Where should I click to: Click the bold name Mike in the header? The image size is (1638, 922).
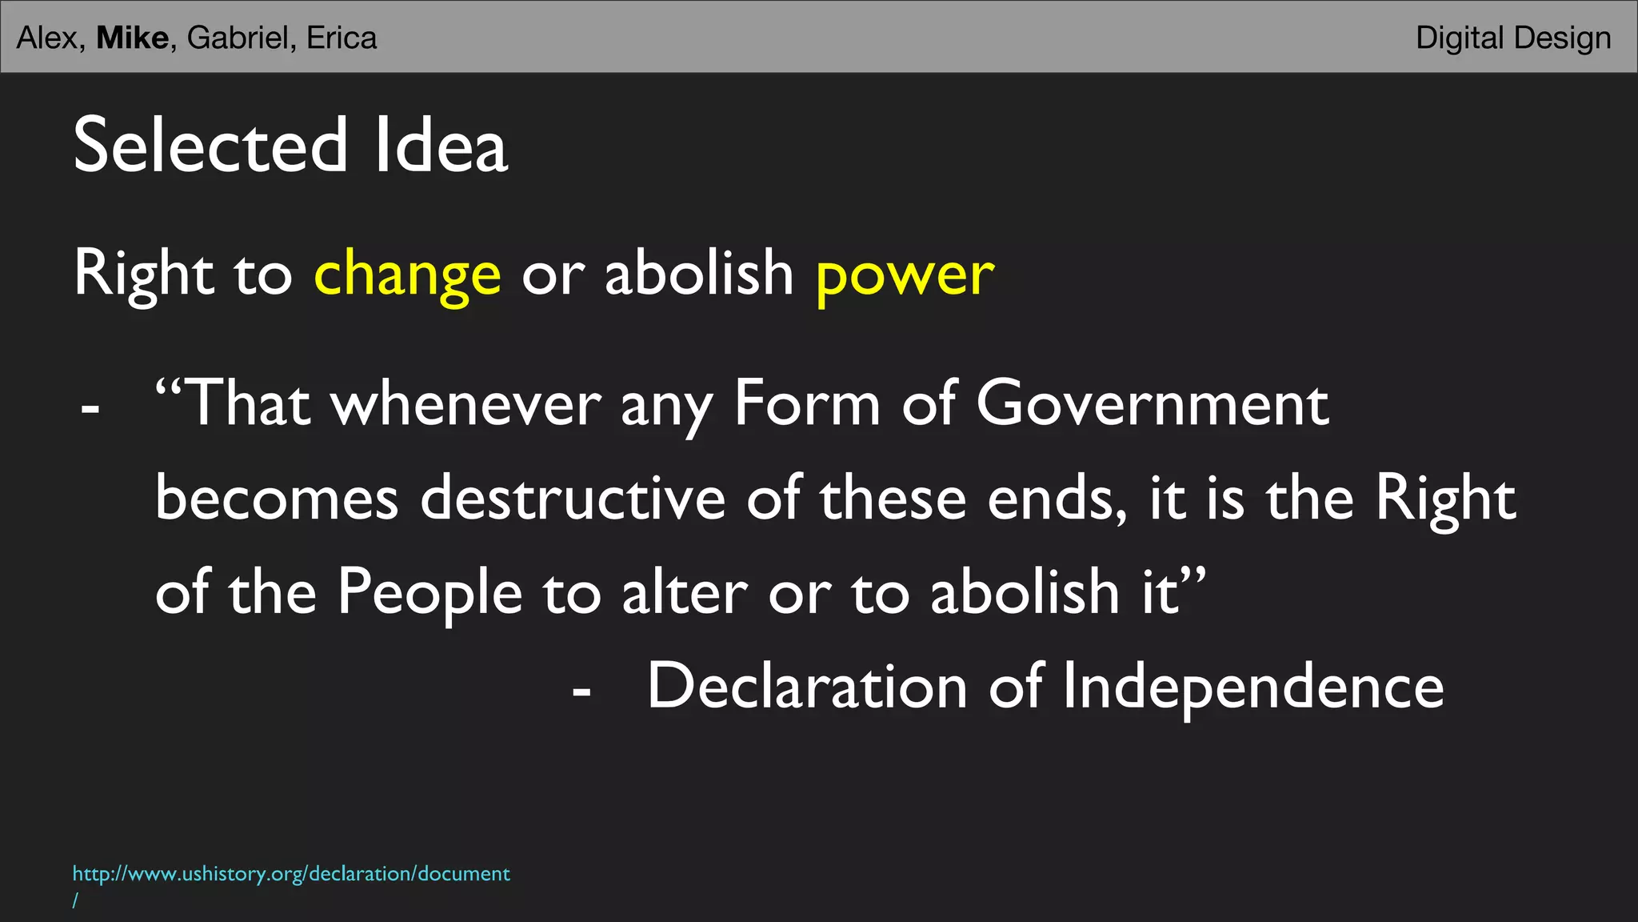[x=132, y=38]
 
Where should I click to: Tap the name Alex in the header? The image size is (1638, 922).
[x=47, y=38]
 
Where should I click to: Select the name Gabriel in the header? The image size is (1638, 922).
[x=237, y=38]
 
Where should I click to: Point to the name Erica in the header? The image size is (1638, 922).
[x=342, y=38]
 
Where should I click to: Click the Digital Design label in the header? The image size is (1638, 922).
[x=1512, y=38]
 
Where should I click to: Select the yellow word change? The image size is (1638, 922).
[x=407, y=275]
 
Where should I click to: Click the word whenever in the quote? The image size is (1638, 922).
[x=466, y=403]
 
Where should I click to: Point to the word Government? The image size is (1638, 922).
[x=1152, y=403]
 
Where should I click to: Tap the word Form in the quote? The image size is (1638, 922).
[x=807, y=403]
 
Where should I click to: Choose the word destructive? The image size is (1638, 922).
[x=573, y=498]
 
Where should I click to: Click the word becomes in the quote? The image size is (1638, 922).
[x=276, y=498]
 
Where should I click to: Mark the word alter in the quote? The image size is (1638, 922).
[x=685, y=592]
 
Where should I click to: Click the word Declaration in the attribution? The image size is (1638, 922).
[x=807, y=686]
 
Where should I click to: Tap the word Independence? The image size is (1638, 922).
[x=1252, y=687]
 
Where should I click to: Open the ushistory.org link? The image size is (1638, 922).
[x=291, y=873]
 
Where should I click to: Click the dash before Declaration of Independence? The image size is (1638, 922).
[x=581, y=690]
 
